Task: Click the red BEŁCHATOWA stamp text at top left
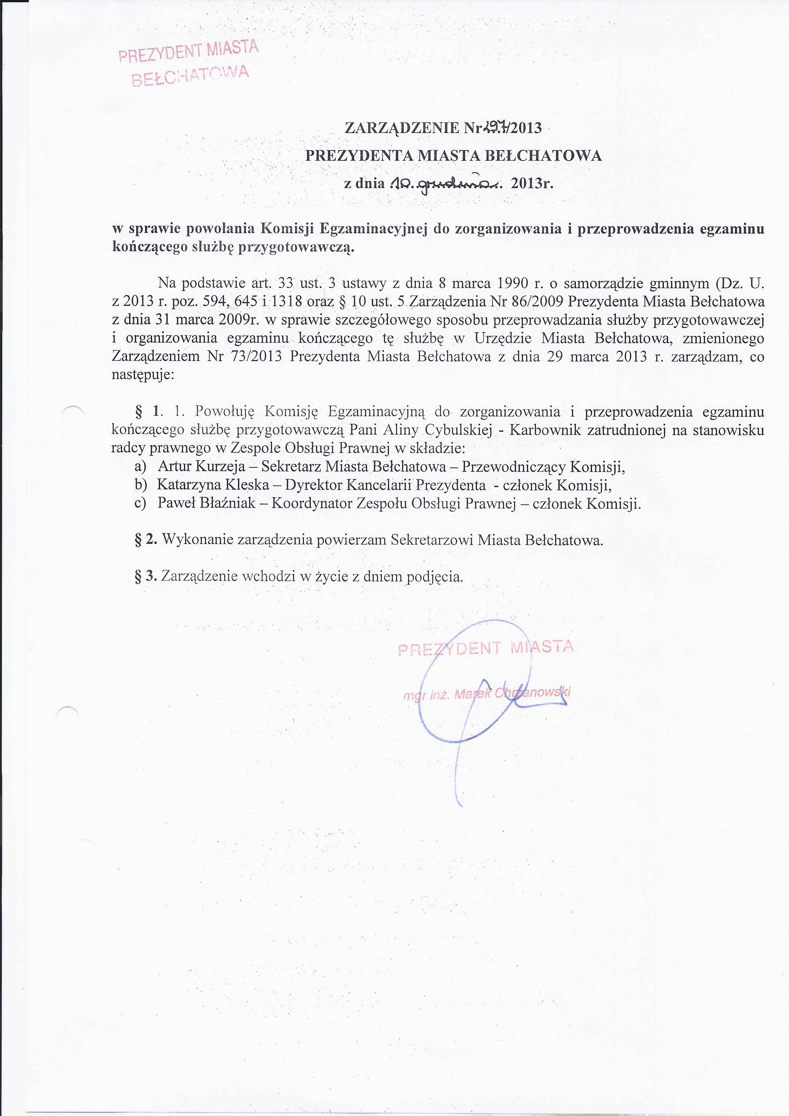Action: [191, 76]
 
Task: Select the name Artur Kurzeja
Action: [201, 467]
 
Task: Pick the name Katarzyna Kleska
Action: [213, 485]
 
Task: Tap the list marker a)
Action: [141, 467]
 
